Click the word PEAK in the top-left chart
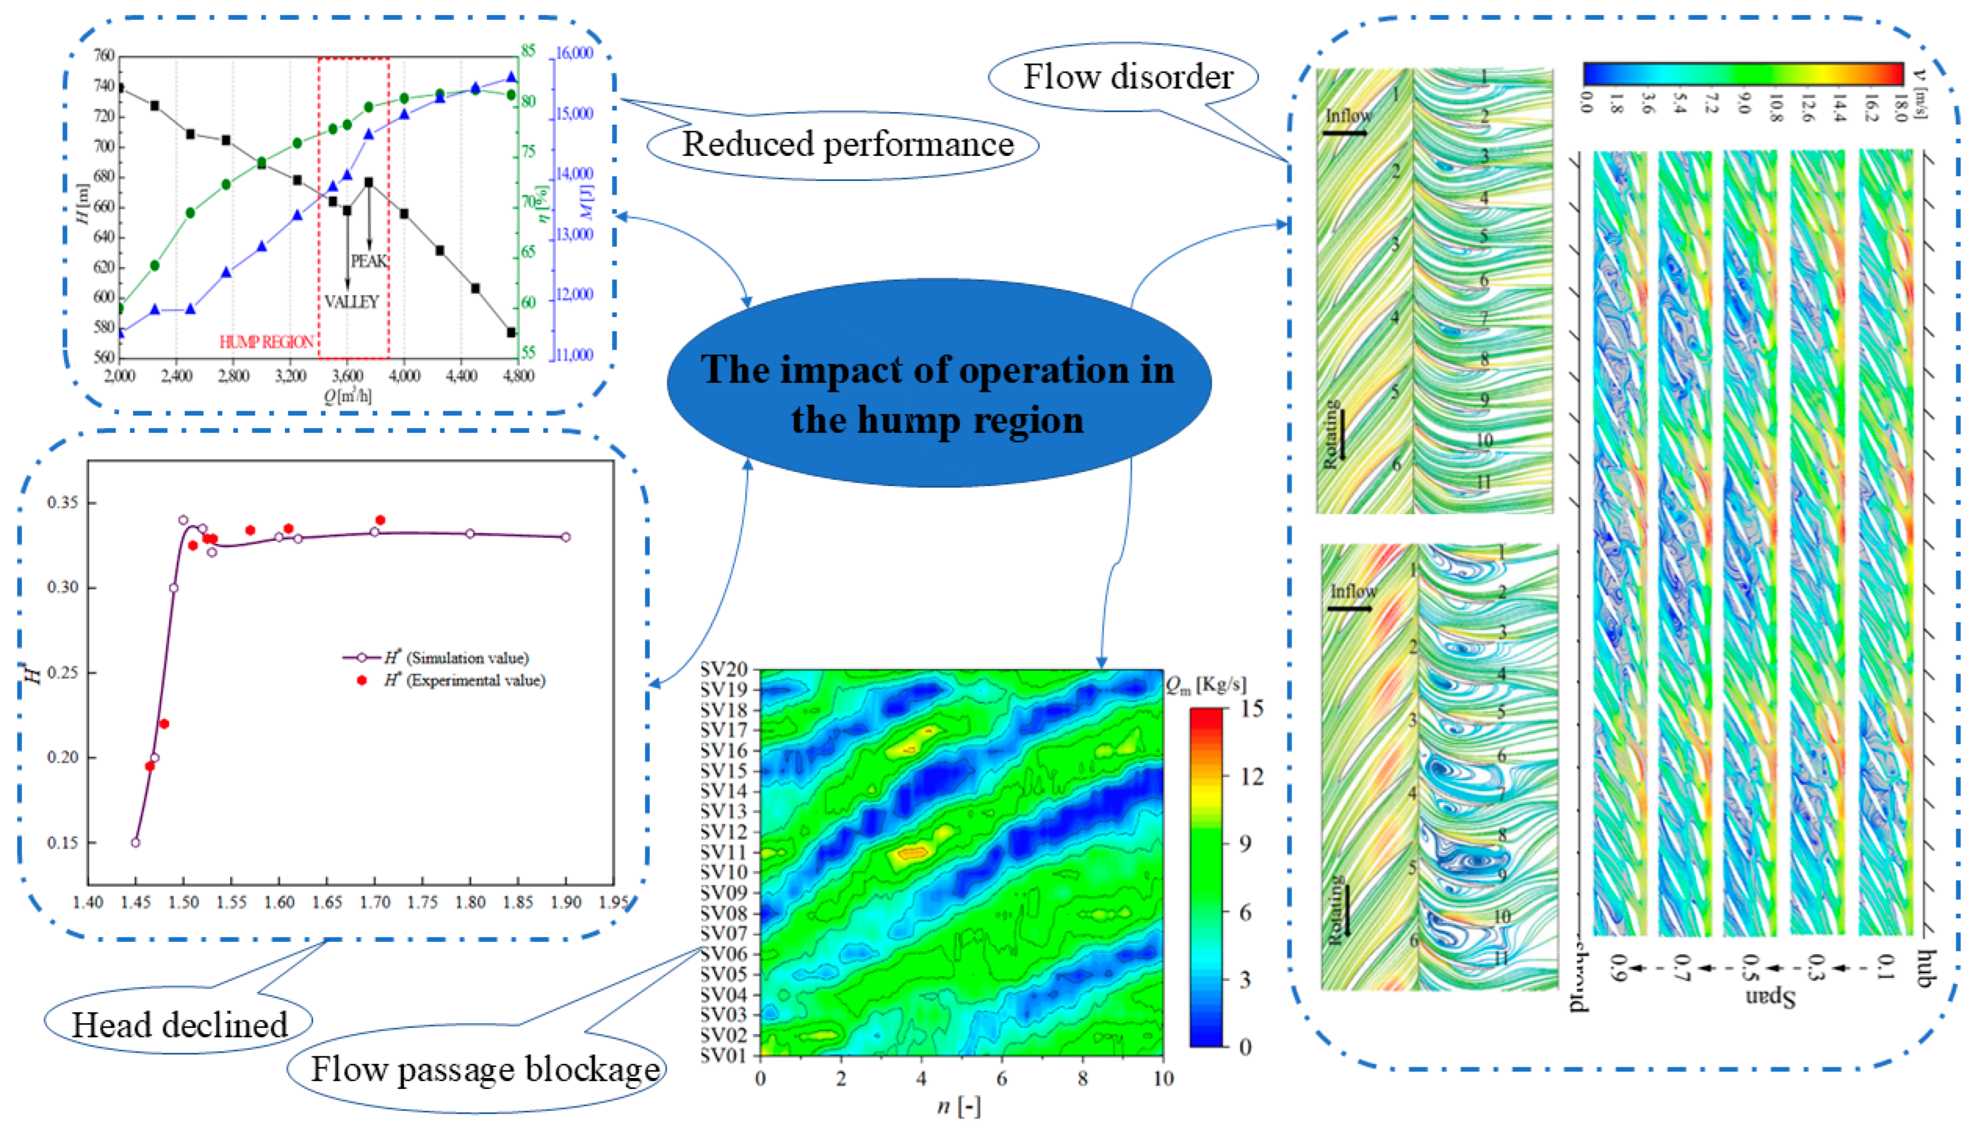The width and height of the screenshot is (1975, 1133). pyautogui.click(x=369, y=261)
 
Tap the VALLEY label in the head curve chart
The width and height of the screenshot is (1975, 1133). pyautogui.click(x=352, y=302)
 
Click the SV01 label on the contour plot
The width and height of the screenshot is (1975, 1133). pyautogui.click(x=723, y=1056)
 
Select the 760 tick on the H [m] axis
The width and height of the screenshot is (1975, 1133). pyautogui.click(x=104, y=56)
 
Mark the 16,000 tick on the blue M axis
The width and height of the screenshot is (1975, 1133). pyautogui.click(x=574, y=54)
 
